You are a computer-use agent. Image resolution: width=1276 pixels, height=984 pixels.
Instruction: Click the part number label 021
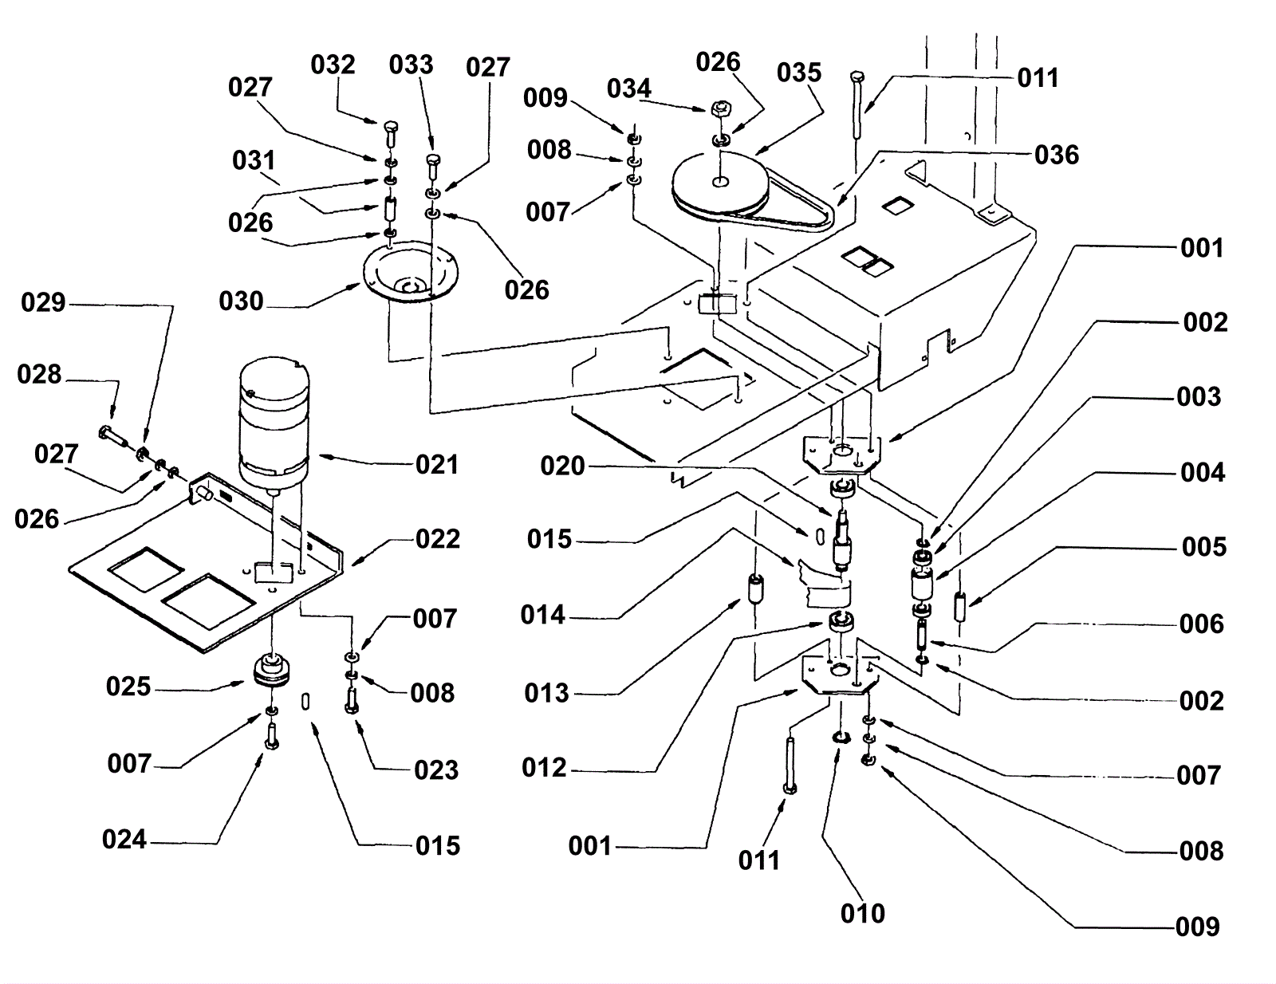(x=437, y=464)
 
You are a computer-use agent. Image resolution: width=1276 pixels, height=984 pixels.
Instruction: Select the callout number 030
(x=241, y=301)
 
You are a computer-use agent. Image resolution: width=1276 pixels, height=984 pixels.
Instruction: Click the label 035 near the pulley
(x=799, y=73)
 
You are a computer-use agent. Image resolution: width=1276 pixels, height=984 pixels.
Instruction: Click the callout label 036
(x=1057, y=154)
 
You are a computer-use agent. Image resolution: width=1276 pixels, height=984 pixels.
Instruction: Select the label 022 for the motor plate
(x=438, y=539)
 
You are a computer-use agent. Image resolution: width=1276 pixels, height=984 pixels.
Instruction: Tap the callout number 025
(x=128, y=687)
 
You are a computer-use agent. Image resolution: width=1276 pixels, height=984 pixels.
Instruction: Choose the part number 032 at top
(x=333, y=64)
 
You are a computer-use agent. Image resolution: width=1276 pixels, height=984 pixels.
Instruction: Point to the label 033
(x=411, y=64)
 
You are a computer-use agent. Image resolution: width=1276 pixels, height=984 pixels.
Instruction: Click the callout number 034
(x=629, y=88)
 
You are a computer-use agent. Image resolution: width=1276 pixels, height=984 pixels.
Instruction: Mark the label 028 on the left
(x=39, y=374)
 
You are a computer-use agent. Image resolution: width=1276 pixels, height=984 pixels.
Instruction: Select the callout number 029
(x=43, y=302)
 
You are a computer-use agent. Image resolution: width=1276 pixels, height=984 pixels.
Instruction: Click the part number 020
(x=562, y=466)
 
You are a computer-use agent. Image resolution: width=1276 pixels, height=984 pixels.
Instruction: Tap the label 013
(x=547, y=693)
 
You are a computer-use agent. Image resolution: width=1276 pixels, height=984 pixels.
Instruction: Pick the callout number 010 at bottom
(x=863, y=913)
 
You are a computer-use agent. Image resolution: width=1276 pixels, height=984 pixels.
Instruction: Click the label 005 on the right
(x=1204, y=547)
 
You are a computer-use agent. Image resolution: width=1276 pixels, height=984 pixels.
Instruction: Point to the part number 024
(x=124, y=839)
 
